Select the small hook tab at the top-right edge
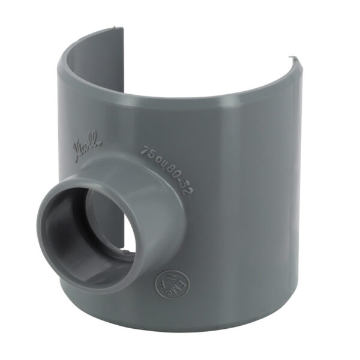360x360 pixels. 293,59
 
